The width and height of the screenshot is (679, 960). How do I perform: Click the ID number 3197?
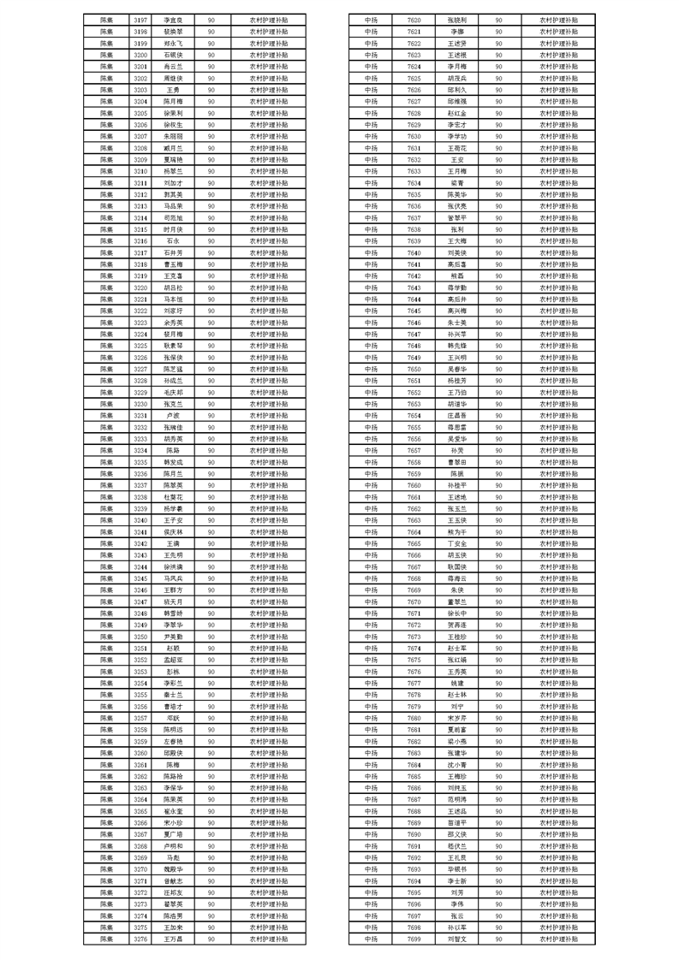(140, 18)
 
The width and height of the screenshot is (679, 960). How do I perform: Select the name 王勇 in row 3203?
(172, 90)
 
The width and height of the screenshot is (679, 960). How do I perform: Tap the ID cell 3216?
(140, 241)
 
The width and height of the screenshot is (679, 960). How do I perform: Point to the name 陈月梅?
(172, 101)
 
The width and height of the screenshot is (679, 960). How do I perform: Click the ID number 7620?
(414, 18)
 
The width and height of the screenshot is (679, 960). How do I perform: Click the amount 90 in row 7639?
(498, 241)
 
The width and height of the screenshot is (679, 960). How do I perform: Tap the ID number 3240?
(140, 520)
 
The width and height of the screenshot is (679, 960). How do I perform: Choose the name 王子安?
(172, 520)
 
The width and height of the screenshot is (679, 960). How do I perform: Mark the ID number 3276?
(140, 939)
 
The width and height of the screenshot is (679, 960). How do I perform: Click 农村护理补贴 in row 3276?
(269, 939)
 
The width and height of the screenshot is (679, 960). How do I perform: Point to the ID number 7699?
(414, 939)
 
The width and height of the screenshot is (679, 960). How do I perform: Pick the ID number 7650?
(414, 369)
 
